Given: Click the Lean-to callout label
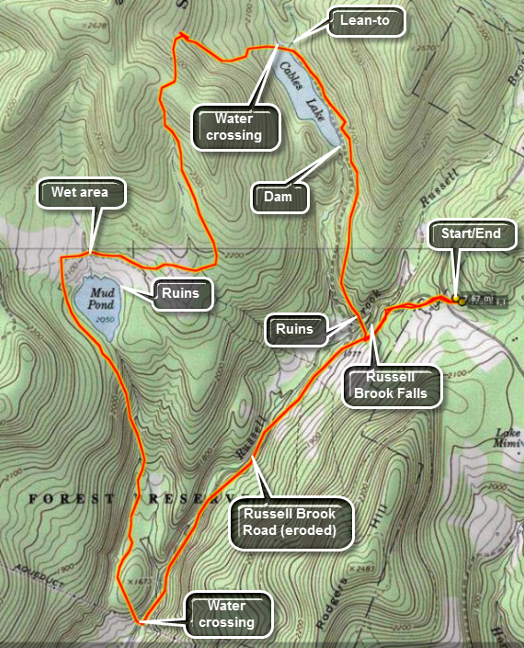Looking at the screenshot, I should pyautogui.click(x=366, y=19).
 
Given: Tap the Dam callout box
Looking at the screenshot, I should pyautogui.click(x=280, y=195).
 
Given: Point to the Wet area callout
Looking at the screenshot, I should pyautogui.click(x=79, y=193).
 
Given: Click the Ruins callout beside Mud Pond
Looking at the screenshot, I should pyautogui.click(x=182, y=294).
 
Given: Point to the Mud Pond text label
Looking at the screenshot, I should pyautogui.click(x=97, y=297).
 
